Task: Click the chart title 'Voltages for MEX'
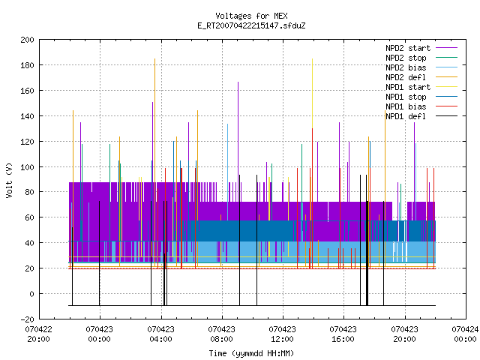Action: click(251, 16)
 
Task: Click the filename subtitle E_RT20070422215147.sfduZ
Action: click(251, 25)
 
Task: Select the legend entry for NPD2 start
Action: click(408, 48)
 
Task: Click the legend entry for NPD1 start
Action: click(408, 87)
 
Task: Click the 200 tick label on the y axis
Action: click(27, 40)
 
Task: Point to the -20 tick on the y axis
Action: click(27, 319)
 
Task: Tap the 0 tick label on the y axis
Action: click(31, 294)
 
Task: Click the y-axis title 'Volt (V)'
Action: click(9, 180)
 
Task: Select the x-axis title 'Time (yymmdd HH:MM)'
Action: click(251, 353)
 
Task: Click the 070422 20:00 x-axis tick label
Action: click(38, 334)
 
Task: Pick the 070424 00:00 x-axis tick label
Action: click(465, 334)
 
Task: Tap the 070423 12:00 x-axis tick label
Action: click(282, 334)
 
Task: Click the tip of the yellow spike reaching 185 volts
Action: click(312, 58)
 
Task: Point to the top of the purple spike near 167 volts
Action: click(238, 82)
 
